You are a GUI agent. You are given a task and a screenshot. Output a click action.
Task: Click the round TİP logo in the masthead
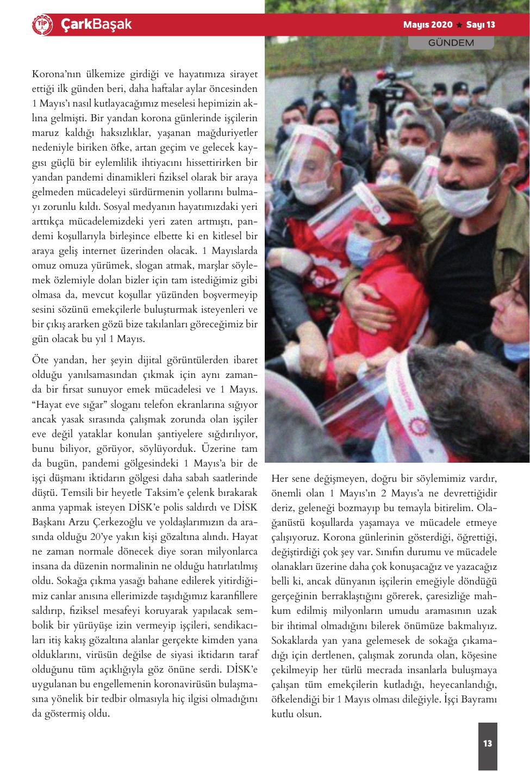click(x=43, y=25)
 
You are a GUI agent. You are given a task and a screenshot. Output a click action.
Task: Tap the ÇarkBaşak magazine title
click(x=96, y=25)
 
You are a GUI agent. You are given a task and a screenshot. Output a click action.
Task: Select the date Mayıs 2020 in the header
click(x=428, y=25)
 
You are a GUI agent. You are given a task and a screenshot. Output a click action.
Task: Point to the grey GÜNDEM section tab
click(x=451, y=42)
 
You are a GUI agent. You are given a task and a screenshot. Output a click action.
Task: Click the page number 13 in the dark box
click(x=487, y=743)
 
